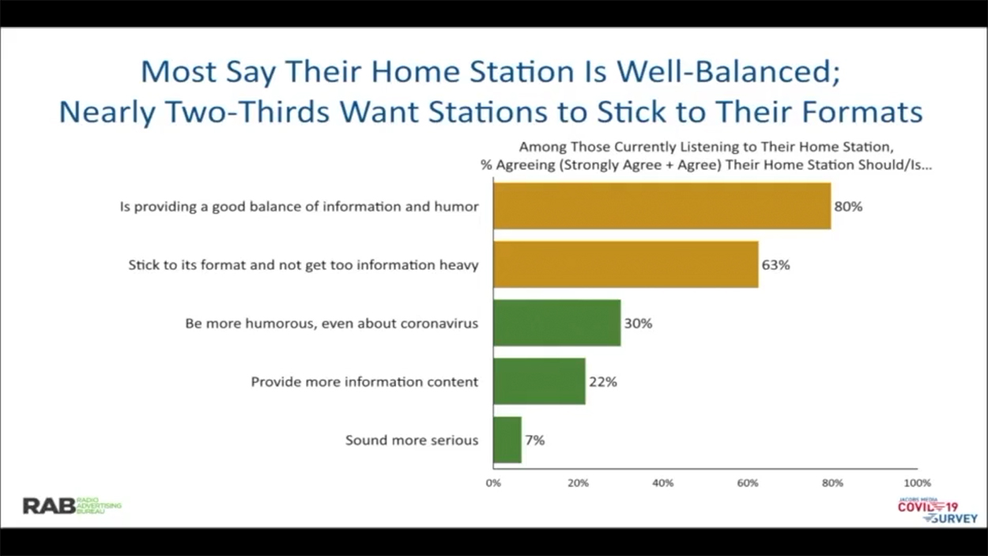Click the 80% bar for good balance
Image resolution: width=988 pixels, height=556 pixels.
[662, 206]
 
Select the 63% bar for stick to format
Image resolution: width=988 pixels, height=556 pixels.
[626, 264]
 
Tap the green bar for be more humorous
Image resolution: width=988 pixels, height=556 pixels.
[557, 323]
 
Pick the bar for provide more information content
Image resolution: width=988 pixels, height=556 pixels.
[539, 381]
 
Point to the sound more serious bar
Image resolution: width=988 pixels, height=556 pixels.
[507, 440]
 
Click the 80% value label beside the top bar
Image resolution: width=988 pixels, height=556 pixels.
[848, 206]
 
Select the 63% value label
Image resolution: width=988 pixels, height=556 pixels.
[776, 265]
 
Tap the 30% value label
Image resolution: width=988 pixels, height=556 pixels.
[638, 323]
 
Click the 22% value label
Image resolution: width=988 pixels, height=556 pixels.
[603, 382]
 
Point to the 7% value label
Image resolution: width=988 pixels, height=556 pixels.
[534, 441]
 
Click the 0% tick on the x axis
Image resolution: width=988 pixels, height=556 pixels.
[493, 483]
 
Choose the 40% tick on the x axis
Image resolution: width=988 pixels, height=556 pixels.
[663, 483]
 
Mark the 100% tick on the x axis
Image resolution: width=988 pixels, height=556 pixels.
[918, 483]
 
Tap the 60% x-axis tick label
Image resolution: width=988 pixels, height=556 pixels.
[748, 483]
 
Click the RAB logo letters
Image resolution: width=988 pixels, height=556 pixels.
[49, 505]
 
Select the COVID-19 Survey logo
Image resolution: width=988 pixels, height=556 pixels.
[937, 511]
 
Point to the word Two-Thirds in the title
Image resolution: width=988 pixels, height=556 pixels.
[248, 112]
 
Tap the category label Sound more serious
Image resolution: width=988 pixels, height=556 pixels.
[412, 441]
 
